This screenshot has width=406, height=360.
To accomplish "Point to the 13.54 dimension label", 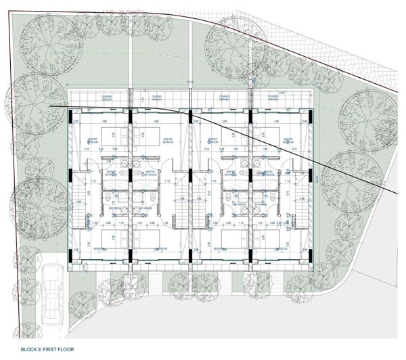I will [x=317, y=177].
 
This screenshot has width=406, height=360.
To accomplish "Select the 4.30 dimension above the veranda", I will [x=281, y=93].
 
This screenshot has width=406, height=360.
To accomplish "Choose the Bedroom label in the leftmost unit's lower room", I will [x=101, y=248].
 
